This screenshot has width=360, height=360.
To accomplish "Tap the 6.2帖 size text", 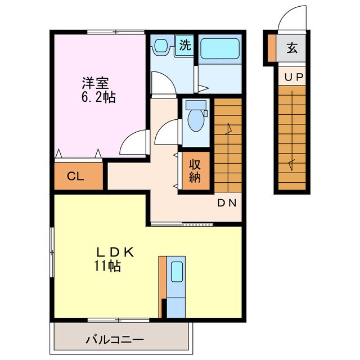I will (x=98, y=97).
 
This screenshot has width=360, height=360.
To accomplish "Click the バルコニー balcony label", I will (x=115, y=340).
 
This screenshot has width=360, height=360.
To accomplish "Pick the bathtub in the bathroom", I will (x=219, y=49).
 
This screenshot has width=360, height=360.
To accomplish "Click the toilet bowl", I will (x=196, y=121).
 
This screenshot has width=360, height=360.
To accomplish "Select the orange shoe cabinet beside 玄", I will (x=272, y=48).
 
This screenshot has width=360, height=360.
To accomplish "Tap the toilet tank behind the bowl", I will (x=196, y=105).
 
